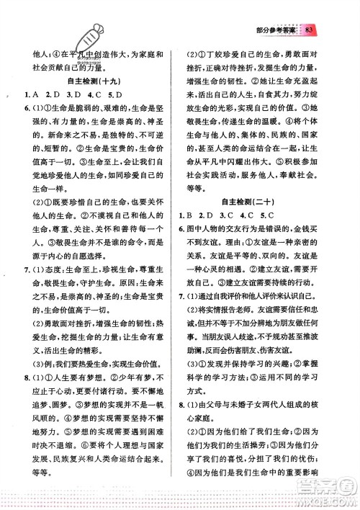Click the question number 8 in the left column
pos(27,398)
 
